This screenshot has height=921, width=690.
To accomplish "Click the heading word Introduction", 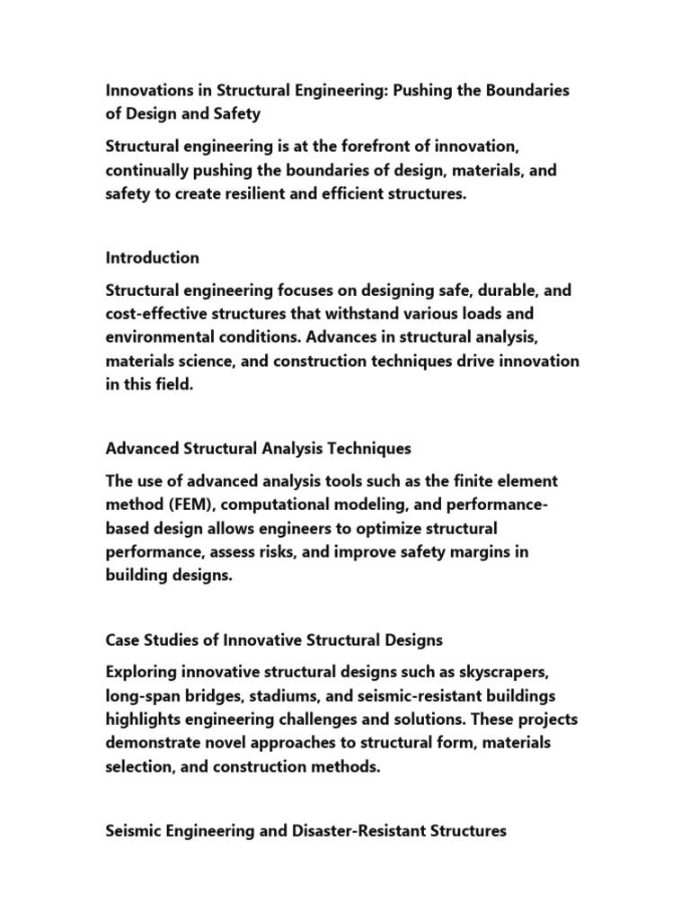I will pos(153,258).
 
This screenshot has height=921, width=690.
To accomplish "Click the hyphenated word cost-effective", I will pos(158,315).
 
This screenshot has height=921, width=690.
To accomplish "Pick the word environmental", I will pos(159,338).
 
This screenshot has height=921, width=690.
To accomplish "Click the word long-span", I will pos(143,697).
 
